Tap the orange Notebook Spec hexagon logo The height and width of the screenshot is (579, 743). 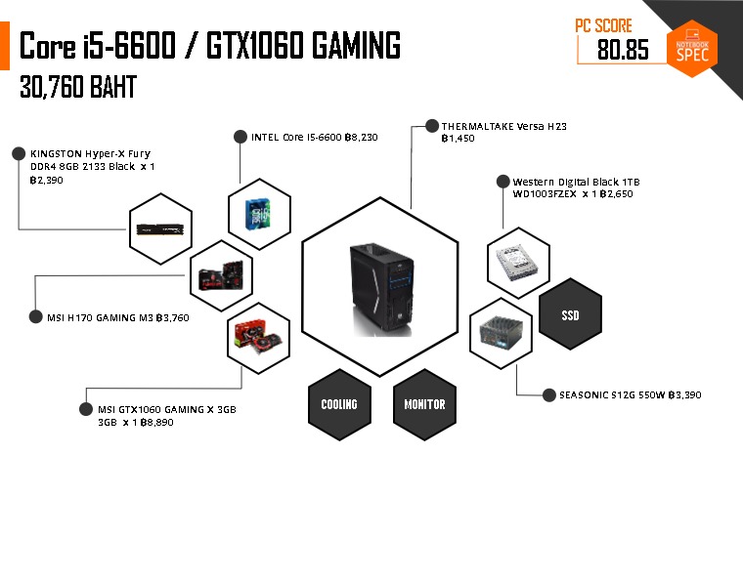(x=697, y=48)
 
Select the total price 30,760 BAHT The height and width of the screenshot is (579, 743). (x=78, y=87)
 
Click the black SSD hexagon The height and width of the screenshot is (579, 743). (x=570, y=315)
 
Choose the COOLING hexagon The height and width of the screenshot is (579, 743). (x=339, y=403)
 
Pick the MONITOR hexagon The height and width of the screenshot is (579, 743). (x=424, y=403)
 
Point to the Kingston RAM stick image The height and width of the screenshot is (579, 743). (x=161, y=231)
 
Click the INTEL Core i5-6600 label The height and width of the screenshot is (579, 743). (x=314, y=138)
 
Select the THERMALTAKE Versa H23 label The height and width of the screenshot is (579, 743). (x=503, y=127)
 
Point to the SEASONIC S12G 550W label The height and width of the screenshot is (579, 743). (x=630, y=395)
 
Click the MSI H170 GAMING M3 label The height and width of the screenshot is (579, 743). (x=117, y=317)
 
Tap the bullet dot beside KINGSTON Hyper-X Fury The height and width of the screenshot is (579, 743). (x=18, y=153)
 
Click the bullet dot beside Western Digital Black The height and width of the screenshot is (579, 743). (x=503, y=182)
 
